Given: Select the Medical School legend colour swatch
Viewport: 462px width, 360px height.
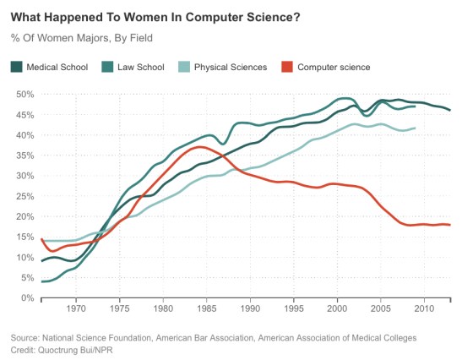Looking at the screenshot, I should click(x=17, y=66).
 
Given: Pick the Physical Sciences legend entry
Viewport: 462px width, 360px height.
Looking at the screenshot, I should click(x=231, y=66).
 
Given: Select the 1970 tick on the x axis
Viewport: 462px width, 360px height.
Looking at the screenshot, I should click(x=76, y=309).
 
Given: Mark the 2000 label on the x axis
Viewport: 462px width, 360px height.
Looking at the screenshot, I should click(x=338, y=309).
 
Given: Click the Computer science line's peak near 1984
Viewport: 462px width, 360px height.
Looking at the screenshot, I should click(x=199, y=147).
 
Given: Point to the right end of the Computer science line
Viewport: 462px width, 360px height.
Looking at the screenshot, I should click(x=449, y=225).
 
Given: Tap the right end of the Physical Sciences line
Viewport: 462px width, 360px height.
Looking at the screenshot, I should click(x=414, y=128).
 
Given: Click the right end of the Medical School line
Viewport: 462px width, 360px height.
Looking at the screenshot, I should click(x=449, y=110).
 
